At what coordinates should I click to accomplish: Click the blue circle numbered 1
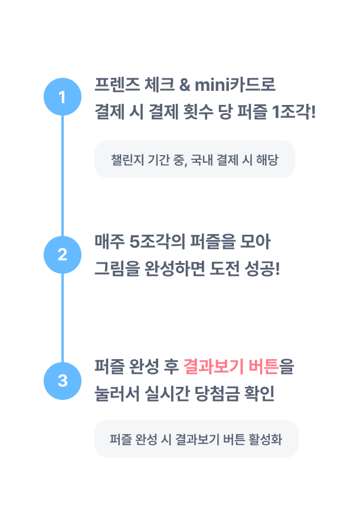coord(63,97)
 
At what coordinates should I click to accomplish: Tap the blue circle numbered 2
coord(63,255)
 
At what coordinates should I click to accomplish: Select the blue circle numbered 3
coord(63,381)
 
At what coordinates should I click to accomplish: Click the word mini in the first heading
coord(212,85)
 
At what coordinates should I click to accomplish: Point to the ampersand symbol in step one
coord(184,85)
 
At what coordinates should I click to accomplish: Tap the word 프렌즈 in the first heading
coord(117,85)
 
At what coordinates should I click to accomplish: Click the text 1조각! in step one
coord(294,111)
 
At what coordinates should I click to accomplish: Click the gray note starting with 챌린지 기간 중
coord(195,159)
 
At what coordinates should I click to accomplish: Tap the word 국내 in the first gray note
coord(202,160)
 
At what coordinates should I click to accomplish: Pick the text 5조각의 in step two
coord(157,242)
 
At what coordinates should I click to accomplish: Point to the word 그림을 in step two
coord(117,269)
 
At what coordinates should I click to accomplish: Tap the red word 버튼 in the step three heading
coord(264,367)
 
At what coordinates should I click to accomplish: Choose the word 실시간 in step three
coord(167,393)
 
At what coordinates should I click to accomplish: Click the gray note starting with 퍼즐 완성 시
coord(197,439)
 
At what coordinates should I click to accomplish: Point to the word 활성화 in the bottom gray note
coord(265,439)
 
